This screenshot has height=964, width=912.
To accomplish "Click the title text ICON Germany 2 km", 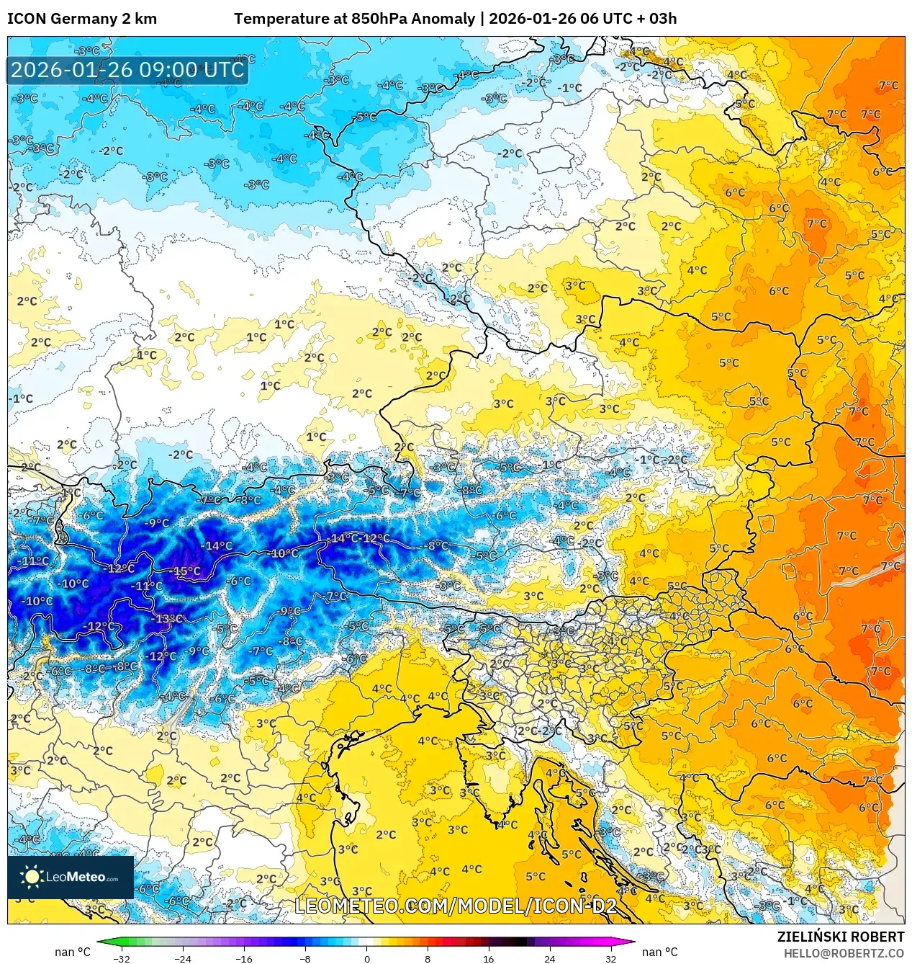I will coord(82,19).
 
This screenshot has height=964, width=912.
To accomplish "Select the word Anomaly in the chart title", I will coord(446,19).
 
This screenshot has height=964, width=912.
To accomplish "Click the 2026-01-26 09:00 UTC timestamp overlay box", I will coord(127,70).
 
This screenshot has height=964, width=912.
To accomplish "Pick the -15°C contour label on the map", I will coord(186,571).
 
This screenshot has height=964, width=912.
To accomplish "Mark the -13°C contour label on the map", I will coord(168,618).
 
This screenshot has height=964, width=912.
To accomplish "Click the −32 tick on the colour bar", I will coord(122,959).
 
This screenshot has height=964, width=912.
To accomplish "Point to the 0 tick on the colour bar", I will coord(366,959).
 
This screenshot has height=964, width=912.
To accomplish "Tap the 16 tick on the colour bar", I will coord(488,959).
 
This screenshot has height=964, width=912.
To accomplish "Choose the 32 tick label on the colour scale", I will coord(610,959).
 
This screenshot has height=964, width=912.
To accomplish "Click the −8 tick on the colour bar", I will coord(305,959).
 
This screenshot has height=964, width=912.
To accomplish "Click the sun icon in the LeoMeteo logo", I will coord(32,877).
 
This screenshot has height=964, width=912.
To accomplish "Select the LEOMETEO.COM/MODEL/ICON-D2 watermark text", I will coord(456,906).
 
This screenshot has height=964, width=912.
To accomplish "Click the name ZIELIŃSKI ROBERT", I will coord(840,937).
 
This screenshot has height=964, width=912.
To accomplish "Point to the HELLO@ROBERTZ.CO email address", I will coord(844,953).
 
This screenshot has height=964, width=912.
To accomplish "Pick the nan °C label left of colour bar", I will coord(73,952).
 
